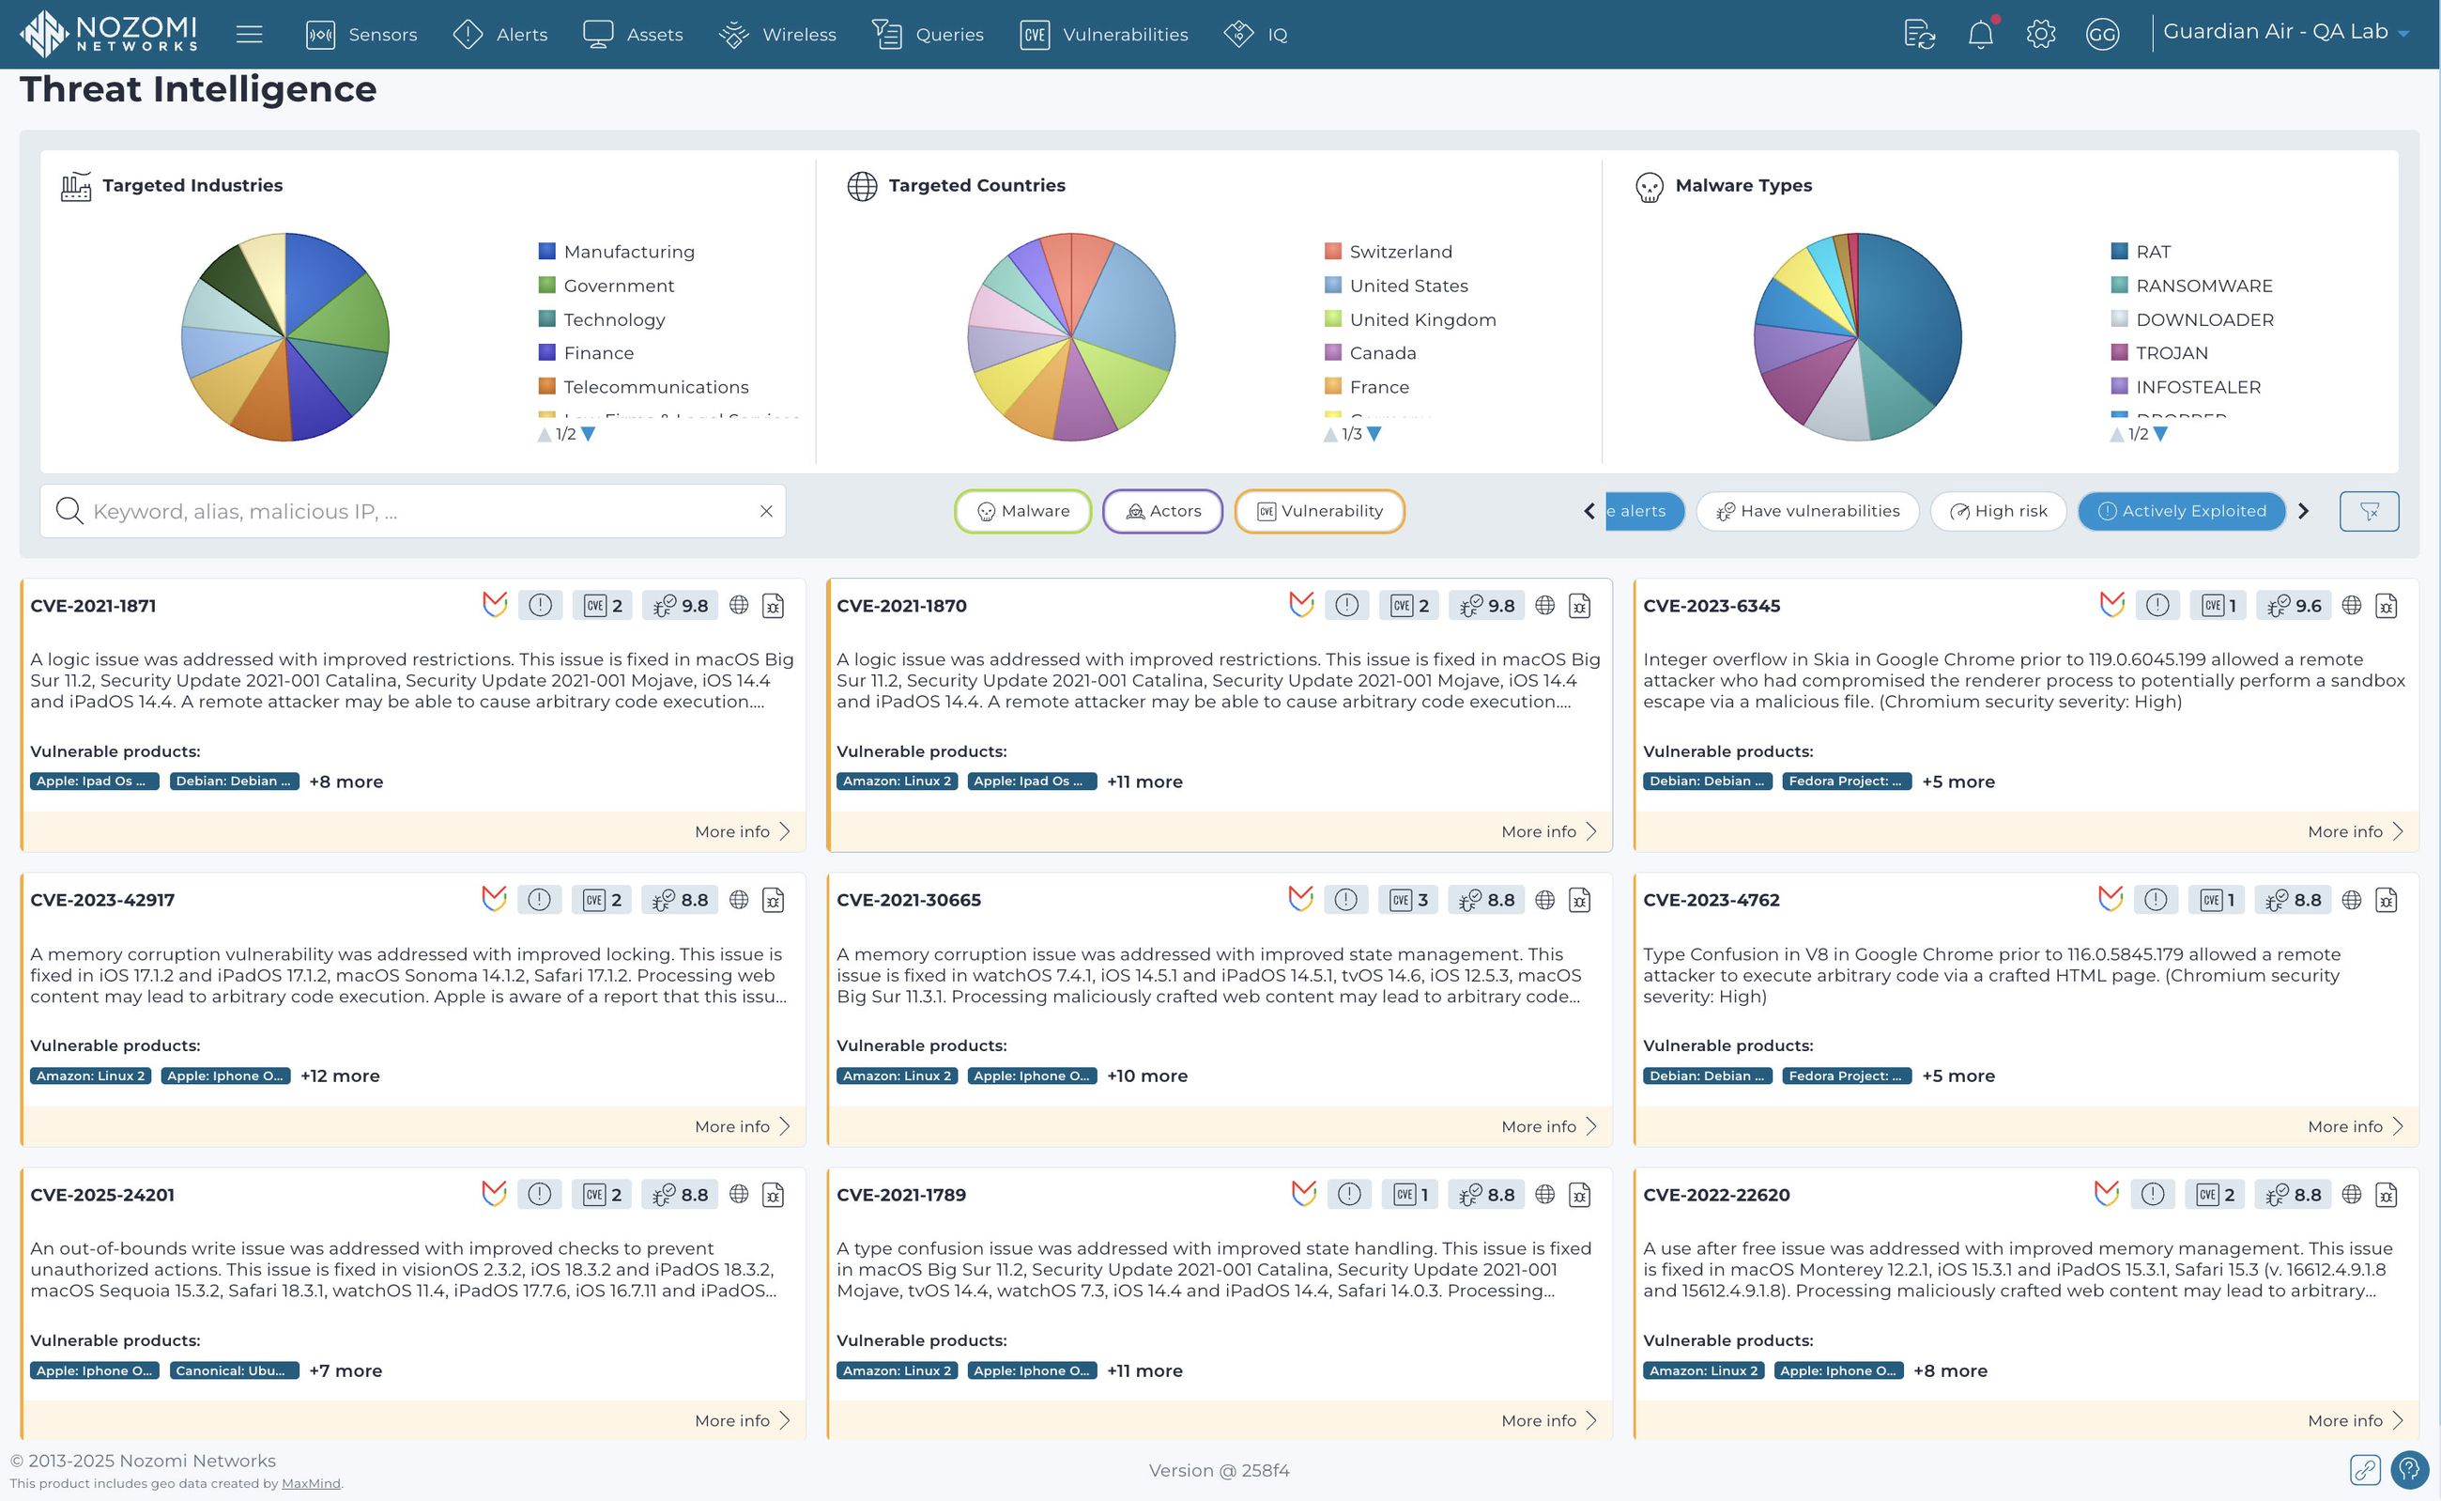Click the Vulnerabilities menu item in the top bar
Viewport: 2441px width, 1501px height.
[x=1103, y=35]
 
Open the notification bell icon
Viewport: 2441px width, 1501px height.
[x=1980, y=35]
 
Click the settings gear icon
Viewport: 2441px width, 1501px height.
[x=2040, y=35]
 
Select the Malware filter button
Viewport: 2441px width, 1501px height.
[x=1023, y=511]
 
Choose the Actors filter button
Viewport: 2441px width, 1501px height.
[x=1163, y=511]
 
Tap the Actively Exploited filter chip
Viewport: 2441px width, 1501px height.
[x=2181, y=511]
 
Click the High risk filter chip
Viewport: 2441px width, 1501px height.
[x=1999, y=511]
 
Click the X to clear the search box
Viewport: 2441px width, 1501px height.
[x=766, y=511]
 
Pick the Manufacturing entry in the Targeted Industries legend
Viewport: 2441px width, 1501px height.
[x=628, y=252]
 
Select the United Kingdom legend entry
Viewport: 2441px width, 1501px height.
[x=1422, y=319]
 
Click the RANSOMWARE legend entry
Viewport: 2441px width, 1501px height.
[x=2203, y=286]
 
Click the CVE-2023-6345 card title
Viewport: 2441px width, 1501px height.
[x=1711, y=606]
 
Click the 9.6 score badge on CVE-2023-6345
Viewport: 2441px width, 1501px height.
[x=2295, y=606]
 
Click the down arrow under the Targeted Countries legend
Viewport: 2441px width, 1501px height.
[x=1374, y=434]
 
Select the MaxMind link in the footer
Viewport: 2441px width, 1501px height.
[x=311, y=1484]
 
